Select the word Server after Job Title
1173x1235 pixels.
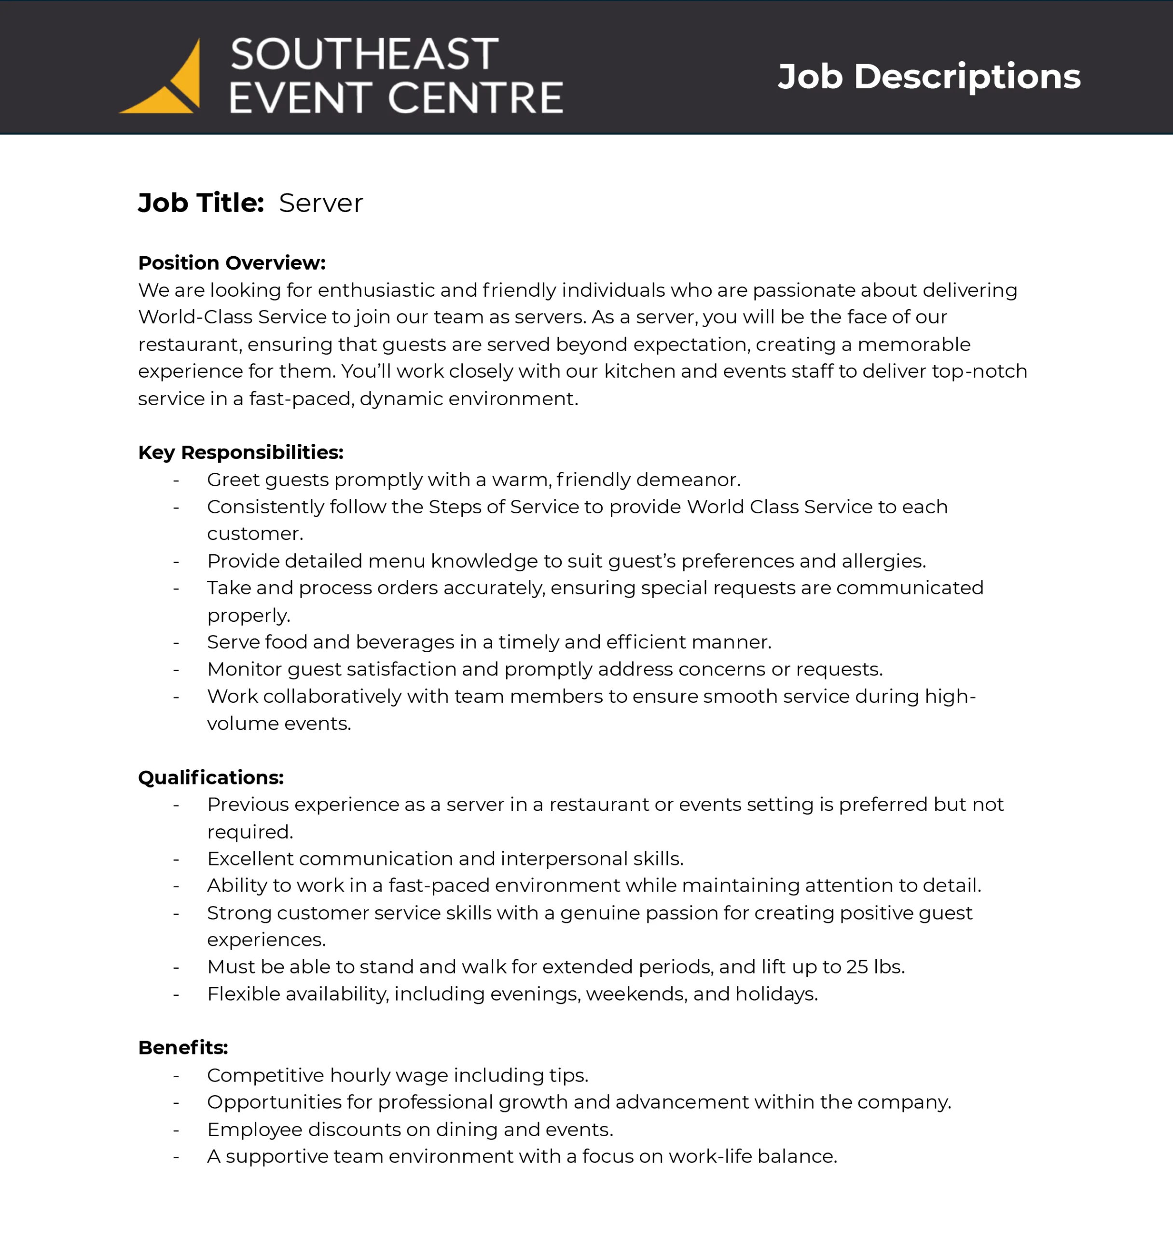pyautogui.click(x=321, y=203)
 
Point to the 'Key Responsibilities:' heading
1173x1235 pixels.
pyautogui.click(x=241, y=453)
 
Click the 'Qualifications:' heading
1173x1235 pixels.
pyautogui.click(x=211, y=778)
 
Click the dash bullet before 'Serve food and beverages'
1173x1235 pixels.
pyautogui.click(x=176, y=643)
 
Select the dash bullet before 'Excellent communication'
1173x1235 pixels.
pyautogui.click(x=176, y=859)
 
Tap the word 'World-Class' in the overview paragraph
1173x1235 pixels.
pyautogui.click(x=195, y=317)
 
